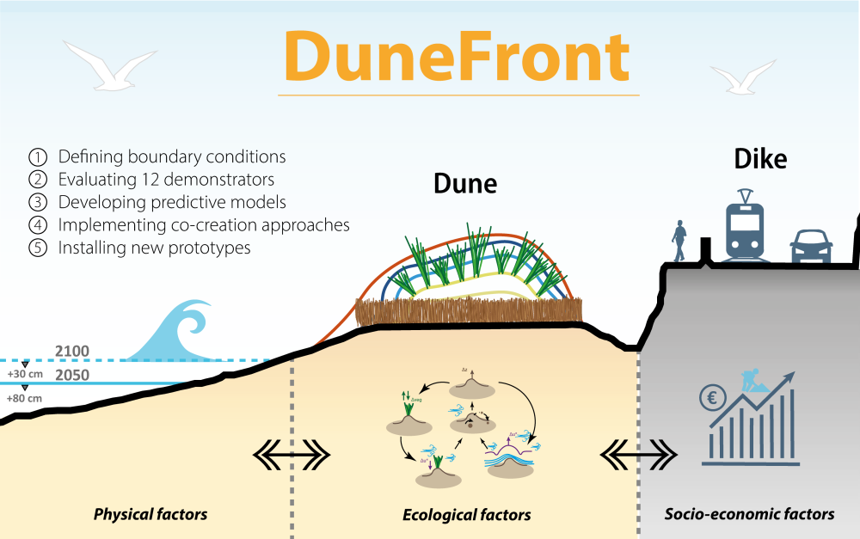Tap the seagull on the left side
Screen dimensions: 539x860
tap(110, 65)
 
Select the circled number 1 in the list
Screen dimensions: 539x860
tap(38, 157)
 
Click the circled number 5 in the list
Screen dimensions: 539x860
tap(38, 248)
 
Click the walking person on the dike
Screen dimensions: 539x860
tap(680, 242)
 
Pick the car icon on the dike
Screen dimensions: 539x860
tap(811, 246)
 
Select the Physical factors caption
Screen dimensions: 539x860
tap(150, 515)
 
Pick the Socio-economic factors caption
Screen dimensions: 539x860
tap(750, 514)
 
